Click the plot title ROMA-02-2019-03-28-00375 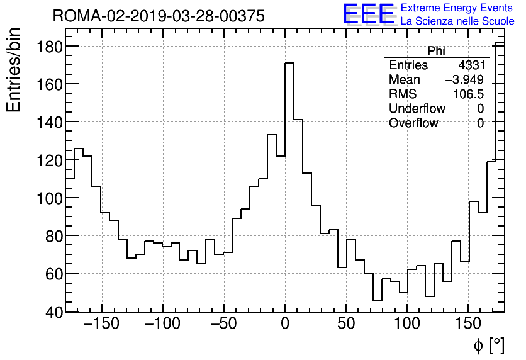click(x=159, y=16)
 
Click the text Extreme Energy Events click(x=457, y=8)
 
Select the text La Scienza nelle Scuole click(x=457, y=21)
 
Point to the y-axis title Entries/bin click(x=14, y=70)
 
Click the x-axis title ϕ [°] click(x=488, y=345)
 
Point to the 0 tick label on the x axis click(x=285, y=325)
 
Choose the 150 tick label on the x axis click(x=468, y=325)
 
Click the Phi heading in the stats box click(x=436, y=51)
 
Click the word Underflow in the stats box click(x=417, y=109)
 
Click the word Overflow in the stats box click(x=413, y=123)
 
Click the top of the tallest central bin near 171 click(x=289, y=63)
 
